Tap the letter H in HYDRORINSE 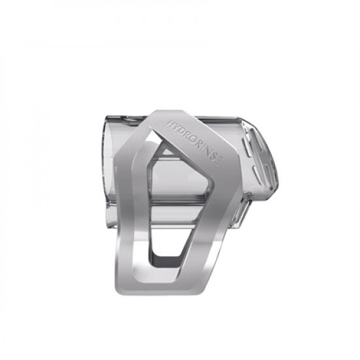pos(170,124)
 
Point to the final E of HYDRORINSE pos(219,162)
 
